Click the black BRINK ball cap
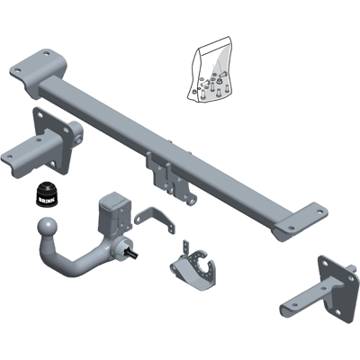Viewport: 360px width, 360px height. [x=47, y=194]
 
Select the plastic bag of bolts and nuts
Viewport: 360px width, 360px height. [x=211, y=70]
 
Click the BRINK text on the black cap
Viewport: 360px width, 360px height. [x=47, y=200]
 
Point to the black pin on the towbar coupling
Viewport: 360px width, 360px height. [x=132, y=253]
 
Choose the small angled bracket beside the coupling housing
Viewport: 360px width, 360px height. [x=155, y=219]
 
